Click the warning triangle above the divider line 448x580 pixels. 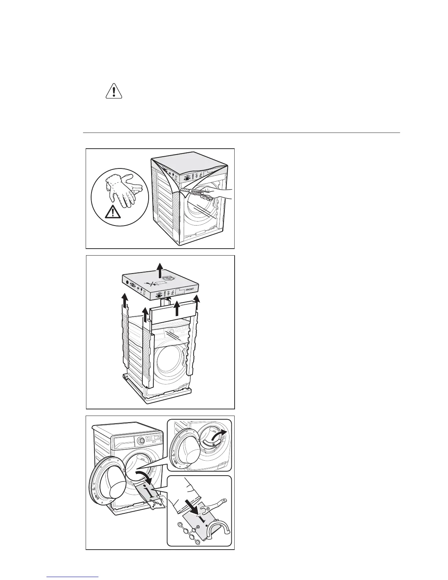[114, 91]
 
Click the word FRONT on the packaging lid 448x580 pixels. [190, 289]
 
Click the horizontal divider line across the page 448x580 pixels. [242, 133]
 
